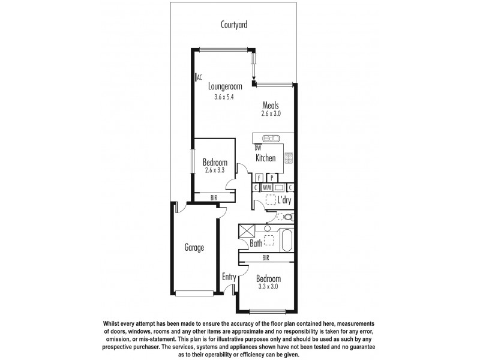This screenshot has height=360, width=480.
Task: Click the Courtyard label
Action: (234, 25)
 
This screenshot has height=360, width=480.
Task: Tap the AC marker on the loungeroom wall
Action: (199, 77)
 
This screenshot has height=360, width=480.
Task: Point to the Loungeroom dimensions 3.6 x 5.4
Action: (225, 97)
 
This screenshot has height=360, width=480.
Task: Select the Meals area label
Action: (270, 106)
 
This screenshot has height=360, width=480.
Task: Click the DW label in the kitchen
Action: (258, 148)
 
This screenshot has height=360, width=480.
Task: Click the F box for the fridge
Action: (259, 178)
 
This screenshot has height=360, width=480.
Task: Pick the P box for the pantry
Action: (272, 178)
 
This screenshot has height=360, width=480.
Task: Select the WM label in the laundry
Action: (267, 187)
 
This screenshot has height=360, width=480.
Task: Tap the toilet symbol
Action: (286, 217)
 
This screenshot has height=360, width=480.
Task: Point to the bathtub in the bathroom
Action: (286, 241)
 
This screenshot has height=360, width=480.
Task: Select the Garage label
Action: (194, 247)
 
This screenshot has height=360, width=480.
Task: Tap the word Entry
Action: (229, 277)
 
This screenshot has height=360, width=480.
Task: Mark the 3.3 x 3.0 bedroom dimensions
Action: (268, 287)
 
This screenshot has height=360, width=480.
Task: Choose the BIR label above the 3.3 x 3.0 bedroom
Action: (265, 258)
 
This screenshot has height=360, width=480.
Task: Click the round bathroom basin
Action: (267, 229)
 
